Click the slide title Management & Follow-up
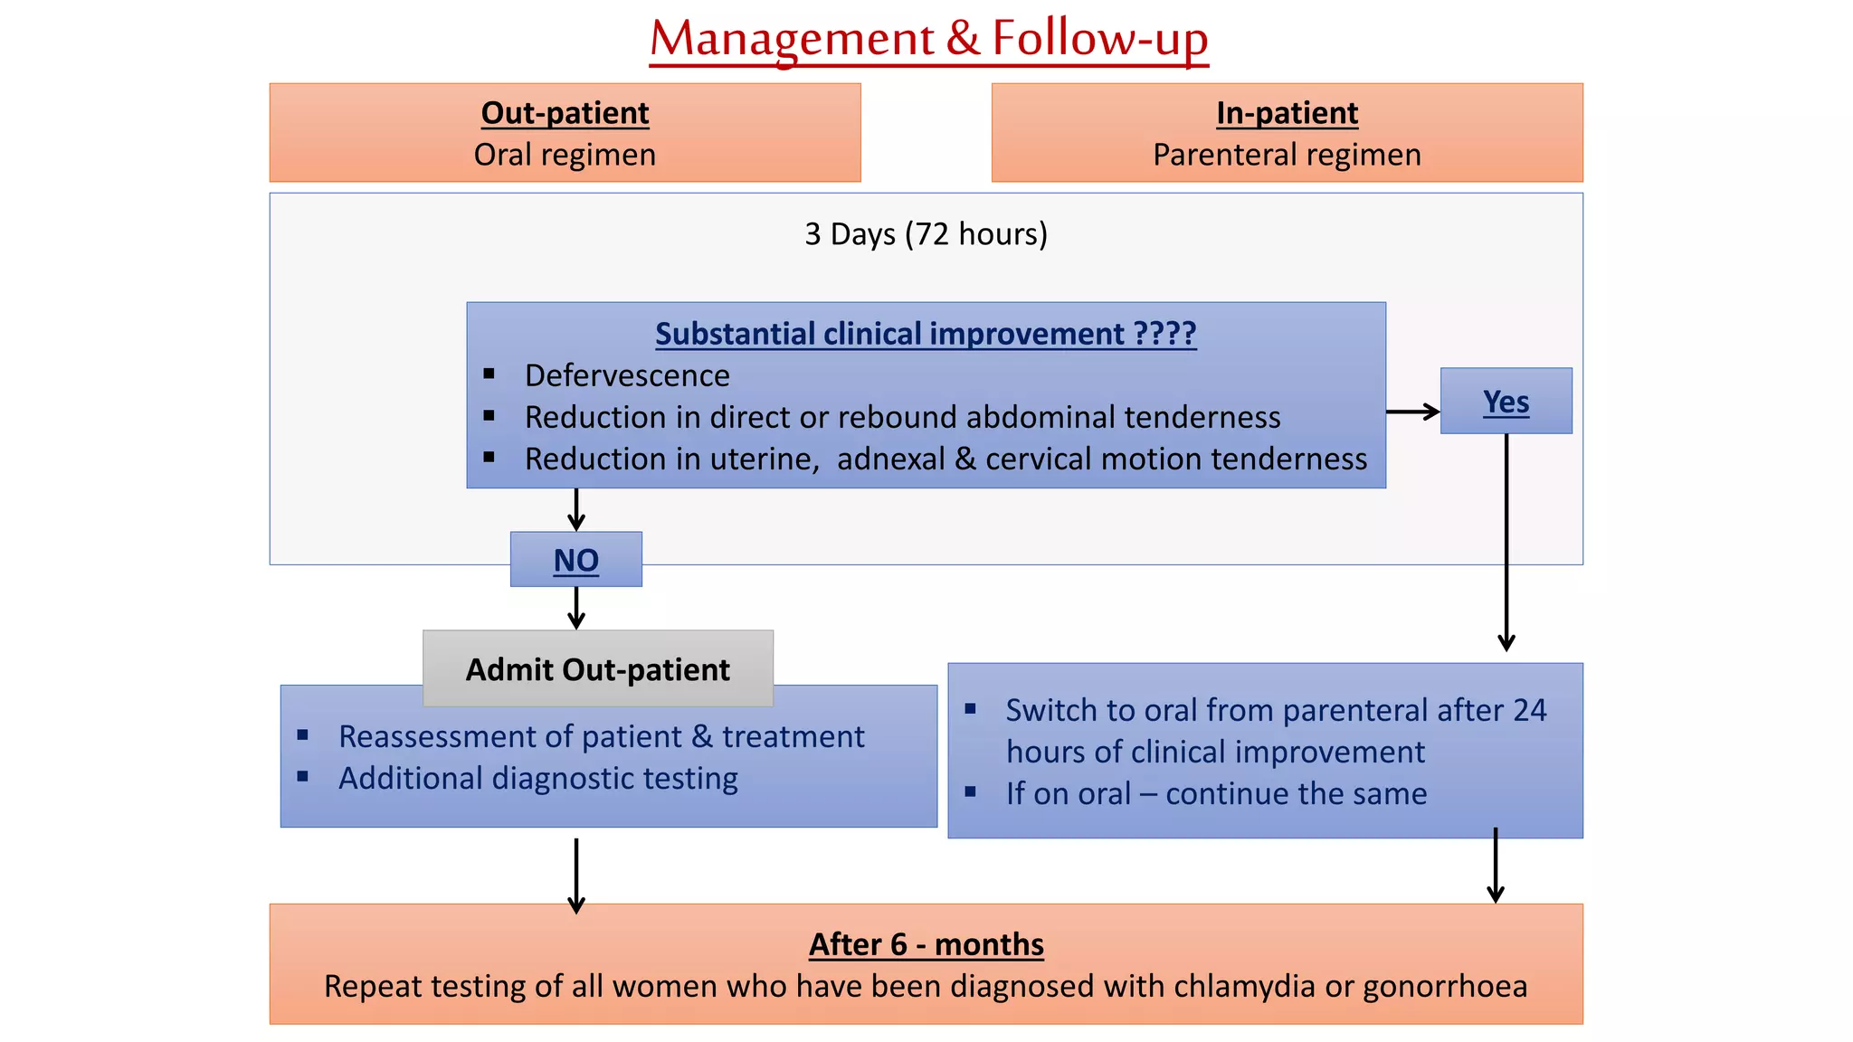[x=928, y=39]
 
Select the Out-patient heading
[x=565, y=113]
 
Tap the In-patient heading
[x=1287, y=113]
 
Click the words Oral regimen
[x=565, y=155]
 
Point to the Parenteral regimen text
[x=1287, y=155]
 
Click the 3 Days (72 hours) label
[x=926, y=234]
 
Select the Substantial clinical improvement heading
[x=926, y=334]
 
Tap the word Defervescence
[x=627, y=375]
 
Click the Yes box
[x=1506, y=402]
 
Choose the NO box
[x=576, y=560]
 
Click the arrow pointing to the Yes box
[x=1412, y=412]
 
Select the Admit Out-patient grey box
[x=597, y=669]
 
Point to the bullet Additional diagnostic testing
[x=538, y=779]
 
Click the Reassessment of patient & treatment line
[x=602, y=737]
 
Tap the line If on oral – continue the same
[x=1216, y=794]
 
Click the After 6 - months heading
[x=926, y=944]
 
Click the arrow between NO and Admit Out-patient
[x=576, y=608]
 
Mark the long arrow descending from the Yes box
[x=1506, y=543]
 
